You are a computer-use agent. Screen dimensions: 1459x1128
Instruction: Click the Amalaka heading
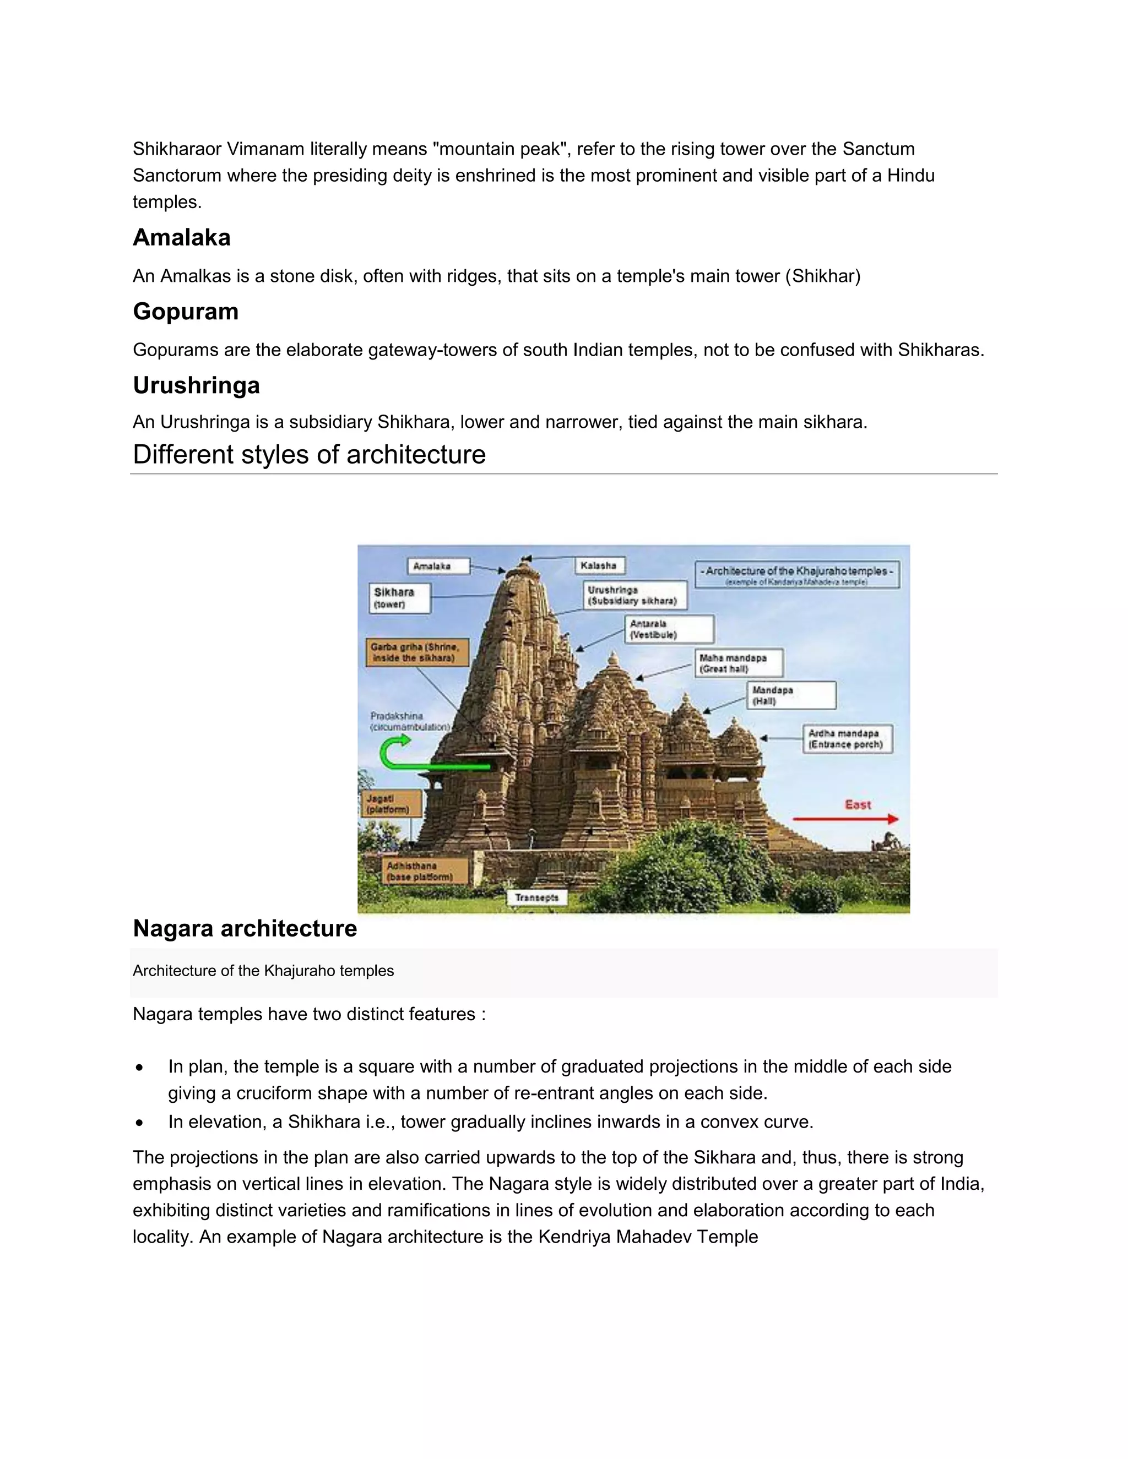(x=182, y=237)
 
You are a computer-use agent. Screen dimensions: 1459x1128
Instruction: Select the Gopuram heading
(x=186, y=311)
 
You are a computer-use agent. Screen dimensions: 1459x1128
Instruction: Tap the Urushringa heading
(x=197, y=385)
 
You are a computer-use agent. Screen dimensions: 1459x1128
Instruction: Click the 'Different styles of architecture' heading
(x=309, y=454)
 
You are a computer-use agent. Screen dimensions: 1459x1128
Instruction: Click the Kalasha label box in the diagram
(x=599, y=565)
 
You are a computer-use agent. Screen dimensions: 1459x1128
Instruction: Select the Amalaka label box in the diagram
(x=438, y=566)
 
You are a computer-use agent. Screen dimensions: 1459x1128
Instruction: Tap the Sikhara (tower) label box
(x=400, y=598)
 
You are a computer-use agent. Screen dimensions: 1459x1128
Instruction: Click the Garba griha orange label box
(x=416, y=652)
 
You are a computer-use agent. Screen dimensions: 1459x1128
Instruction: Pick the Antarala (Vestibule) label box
(x=669, y=629)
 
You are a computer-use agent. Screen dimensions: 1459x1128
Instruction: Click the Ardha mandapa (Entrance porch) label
(x=847, y=739)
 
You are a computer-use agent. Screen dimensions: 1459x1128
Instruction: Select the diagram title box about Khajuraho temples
(x=796, y=574)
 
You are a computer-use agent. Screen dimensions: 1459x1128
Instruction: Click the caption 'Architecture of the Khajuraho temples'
(x=263, y=971)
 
